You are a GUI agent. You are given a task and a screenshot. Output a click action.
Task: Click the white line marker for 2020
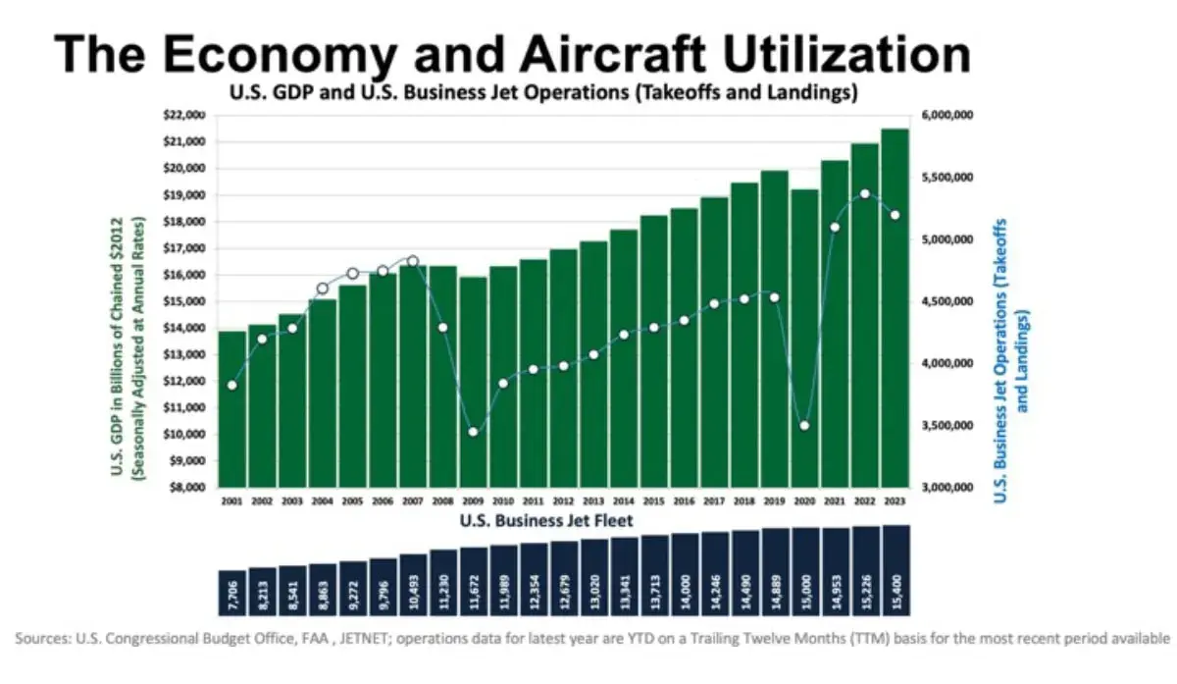point(804,425)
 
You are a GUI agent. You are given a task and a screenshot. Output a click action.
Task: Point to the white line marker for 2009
point(473,432)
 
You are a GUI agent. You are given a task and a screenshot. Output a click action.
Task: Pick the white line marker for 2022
point(864,193)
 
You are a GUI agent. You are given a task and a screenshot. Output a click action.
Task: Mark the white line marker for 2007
point(412,261)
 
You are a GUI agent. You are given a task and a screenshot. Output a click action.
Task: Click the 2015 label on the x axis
point(653,500)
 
